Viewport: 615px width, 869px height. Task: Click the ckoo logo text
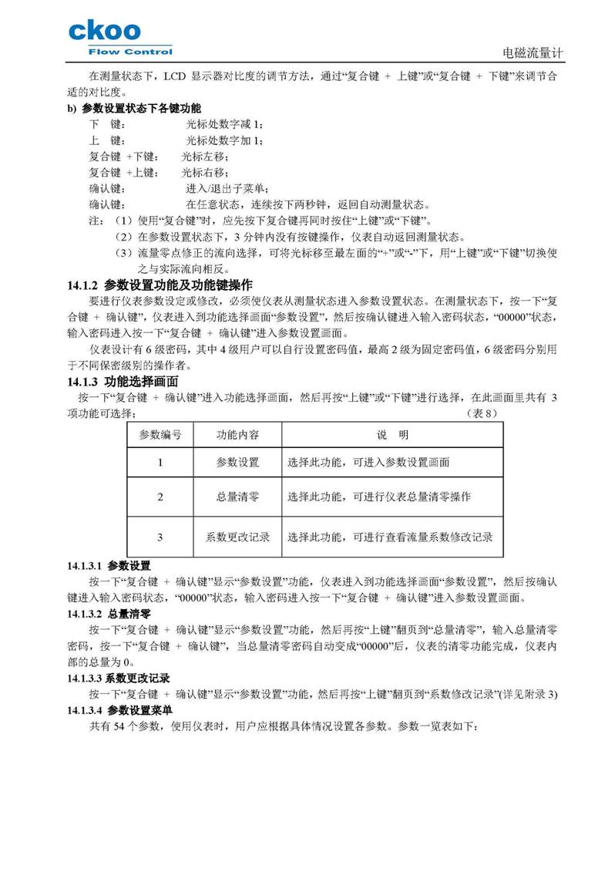pyautogui.click(x=105, y=31)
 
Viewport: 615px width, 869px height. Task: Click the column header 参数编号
pyautogui.click(x=160, y=435)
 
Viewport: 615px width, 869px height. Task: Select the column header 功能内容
pyautogui.click(x=237, y=435)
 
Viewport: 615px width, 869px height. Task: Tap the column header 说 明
pyautogui.click(x=392, y=435)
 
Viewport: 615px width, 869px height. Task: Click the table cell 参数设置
pyautogui.click(x=237, y=463)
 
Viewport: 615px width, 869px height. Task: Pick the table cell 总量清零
pyautogui.click(x=237, y=497)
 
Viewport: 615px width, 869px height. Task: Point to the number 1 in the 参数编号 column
pyautogui.click(x=160, y=463)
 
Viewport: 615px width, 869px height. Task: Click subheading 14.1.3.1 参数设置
pyautogui.click(x=109, y=566)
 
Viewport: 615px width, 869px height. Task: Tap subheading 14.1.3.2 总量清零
pyautogui.click(x=109, y=614)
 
